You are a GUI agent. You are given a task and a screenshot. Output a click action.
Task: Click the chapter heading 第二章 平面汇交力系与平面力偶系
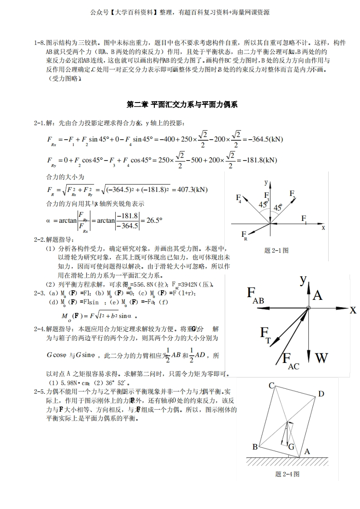point(182,105)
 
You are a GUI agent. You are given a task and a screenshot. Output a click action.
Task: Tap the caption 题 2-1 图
point(276,250)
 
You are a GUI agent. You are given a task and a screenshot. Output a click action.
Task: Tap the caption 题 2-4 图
point(287,474)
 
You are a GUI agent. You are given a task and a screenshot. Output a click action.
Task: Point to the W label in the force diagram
point(321,358)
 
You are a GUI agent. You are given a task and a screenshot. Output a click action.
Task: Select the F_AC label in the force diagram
point(291,362)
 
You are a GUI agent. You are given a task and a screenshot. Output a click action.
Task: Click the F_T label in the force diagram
point(265,334)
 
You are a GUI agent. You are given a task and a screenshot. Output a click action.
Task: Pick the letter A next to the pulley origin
point(318,296)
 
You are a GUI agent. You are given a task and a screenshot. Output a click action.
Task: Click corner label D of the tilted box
point(321,394)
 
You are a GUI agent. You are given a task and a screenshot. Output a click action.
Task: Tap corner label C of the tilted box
point(271,386)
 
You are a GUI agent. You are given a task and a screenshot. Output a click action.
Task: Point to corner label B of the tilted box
point(255,447)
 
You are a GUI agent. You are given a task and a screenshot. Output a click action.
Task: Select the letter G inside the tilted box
point(291,447)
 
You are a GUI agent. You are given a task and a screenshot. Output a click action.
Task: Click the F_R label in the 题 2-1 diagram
point(245,235)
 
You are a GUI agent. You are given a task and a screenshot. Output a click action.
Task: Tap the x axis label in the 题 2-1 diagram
point(323,228)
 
